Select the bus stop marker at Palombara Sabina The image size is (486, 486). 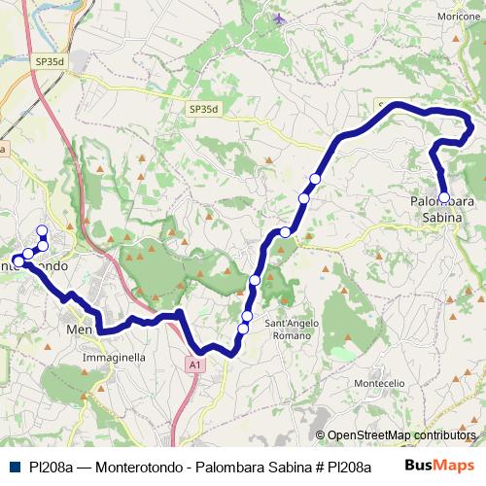point(444,197)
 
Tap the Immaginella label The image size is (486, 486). point(115,357)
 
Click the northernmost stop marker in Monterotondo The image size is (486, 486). point(42,230)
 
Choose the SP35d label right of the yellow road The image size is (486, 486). point(203,110)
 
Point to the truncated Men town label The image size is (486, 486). point(78,330)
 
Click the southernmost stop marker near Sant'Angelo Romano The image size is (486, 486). point(243,329)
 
